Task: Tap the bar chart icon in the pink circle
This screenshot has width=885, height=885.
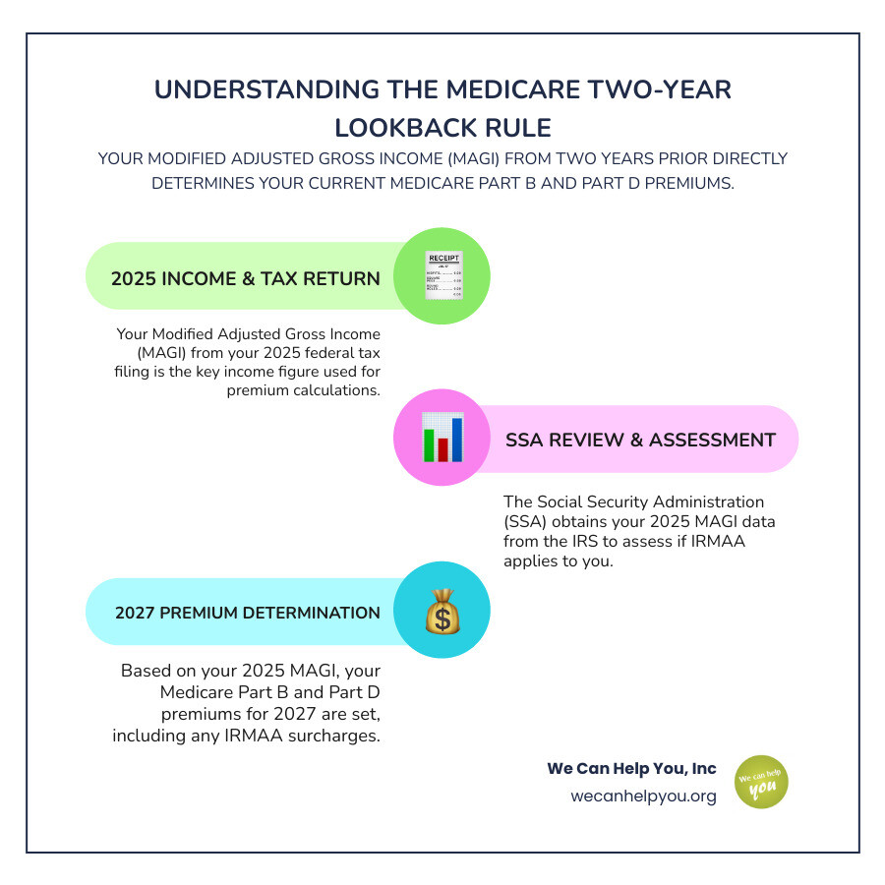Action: coord(442,439)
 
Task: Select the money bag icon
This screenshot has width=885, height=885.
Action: coord(442,611)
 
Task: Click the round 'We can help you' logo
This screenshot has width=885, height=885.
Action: coord(761,781)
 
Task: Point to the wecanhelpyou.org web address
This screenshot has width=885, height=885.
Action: coord(643,796)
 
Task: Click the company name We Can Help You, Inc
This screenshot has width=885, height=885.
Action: coord(631,768)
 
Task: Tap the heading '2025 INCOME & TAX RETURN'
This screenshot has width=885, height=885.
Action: coord(246,278)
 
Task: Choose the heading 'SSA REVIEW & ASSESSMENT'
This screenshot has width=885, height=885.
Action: coord(640,440)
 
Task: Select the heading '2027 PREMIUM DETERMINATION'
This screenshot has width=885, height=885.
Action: coord(248,613)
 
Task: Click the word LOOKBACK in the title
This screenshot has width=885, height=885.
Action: coord(401,128)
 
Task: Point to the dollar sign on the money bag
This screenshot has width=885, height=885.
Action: coord(442,619)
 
